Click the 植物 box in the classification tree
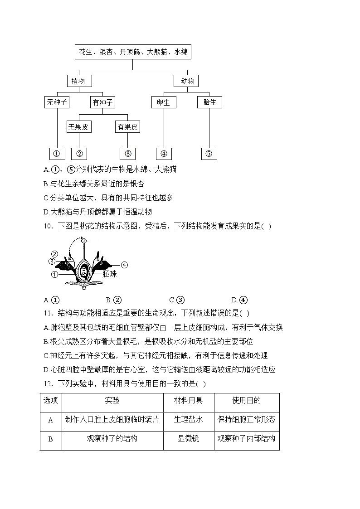(78, 81)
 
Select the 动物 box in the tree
(187, 81)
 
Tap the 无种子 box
(57, 102)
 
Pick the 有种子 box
(102, 102)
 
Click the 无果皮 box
(79, 127)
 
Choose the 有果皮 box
(127, 127)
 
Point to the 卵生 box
(163, 102)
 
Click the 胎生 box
(209, 102)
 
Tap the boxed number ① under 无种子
(57, 154)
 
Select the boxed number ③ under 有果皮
(127, 154)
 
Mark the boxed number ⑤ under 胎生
(209, 154)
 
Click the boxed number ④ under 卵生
(164, 154)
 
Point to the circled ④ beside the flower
(124, 265)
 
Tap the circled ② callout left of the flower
(54, 254)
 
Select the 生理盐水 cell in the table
(188, 419)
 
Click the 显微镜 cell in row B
(188, 439)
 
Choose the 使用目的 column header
(246, 400)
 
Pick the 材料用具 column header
(188, 400)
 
